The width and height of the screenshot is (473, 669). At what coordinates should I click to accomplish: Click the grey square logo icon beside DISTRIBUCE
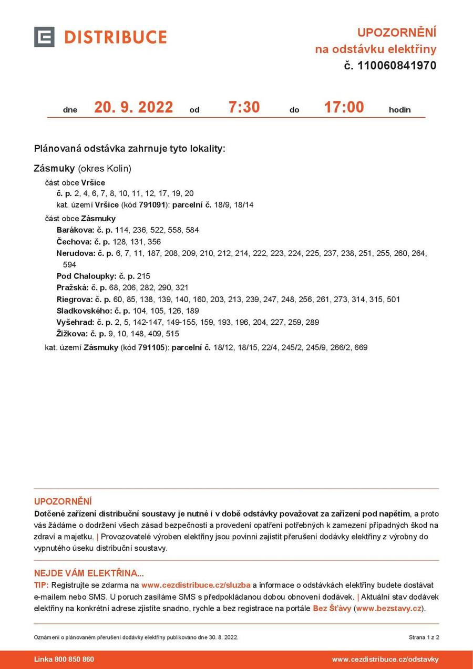point(44,37)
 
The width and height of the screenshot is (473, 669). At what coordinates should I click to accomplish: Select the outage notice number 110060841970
point(397,66)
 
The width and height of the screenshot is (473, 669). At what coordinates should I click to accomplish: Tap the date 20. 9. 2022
point(133,107)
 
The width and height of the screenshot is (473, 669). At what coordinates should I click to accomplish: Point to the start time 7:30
point(244,107)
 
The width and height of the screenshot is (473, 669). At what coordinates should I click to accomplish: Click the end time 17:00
point(344,107)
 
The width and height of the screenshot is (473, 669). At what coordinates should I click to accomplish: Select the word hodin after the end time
point(399,110)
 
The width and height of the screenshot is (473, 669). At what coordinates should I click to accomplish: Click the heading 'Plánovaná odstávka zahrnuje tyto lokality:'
point(129,149)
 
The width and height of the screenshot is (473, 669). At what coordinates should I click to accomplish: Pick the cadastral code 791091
point(150,205)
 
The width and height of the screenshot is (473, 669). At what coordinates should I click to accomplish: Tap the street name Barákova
point(74,230)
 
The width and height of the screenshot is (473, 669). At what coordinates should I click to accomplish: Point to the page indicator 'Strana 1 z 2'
point(424,637)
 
